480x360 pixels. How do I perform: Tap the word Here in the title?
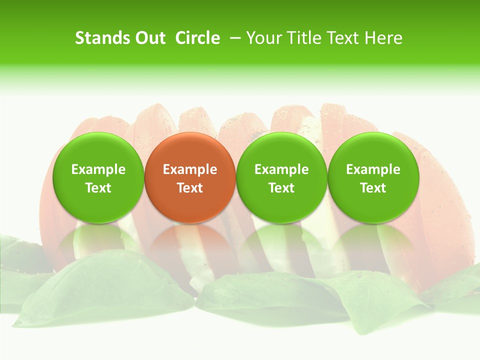(x=384, y=38)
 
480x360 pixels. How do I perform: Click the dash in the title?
(x=234, y=38)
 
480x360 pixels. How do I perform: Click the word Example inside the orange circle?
(x=190, y=169)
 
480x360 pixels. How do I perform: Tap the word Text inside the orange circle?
(x=190, y=188)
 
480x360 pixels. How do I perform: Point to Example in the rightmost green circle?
(x=373, y=169)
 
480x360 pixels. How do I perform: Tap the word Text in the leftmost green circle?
(x=98, y=188)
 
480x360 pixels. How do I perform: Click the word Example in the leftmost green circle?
(x=98, y=169)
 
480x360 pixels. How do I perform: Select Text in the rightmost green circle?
(x=373, y=188)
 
